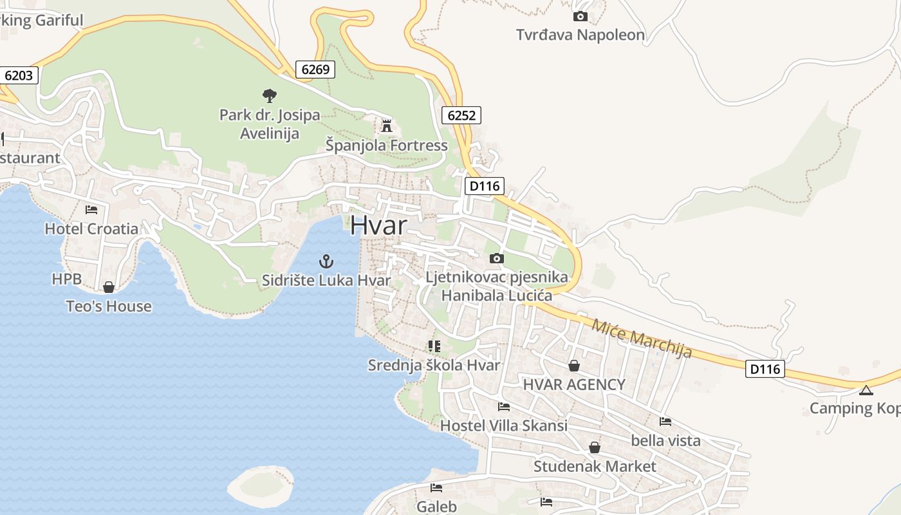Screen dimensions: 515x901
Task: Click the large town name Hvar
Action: click(x=379, y=225)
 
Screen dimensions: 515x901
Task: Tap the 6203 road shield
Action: click(x=18, y=75)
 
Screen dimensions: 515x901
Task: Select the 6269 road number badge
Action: click(x=315, y=70)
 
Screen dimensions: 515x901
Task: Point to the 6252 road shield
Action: click(x=461, y=116)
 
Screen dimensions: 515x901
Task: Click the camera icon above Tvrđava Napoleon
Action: click(x=580, y=16)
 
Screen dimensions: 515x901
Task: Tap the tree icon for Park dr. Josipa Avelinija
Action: click(x=270, y=96)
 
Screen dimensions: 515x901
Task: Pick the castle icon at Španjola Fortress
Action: click(x=386, y=126)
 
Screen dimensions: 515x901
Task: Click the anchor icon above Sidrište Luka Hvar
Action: click(x=326, y=261)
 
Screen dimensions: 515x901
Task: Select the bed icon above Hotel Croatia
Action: click(x=91, y=210)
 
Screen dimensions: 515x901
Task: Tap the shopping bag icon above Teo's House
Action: click(x=109, y=287)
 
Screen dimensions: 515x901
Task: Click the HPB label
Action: click(x=67, y=279)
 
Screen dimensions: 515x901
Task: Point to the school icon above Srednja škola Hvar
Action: click(x=434, y=346)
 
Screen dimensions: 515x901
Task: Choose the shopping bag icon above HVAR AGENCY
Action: click(x=574, y=366)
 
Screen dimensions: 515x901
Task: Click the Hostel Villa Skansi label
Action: click(x=503, y=426)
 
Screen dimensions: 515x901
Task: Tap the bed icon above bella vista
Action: click(x=665, y=422)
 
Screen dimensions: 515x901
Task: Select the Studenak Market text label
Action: click(x=595, y=466)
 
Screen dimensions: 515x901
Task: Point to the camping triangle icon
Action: click(x=866, y=390)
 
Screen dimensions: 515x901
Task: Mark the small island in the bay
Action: click(x=261, y=485)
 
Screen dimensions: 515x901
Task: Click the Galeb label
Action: click(x=436, y=507)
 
